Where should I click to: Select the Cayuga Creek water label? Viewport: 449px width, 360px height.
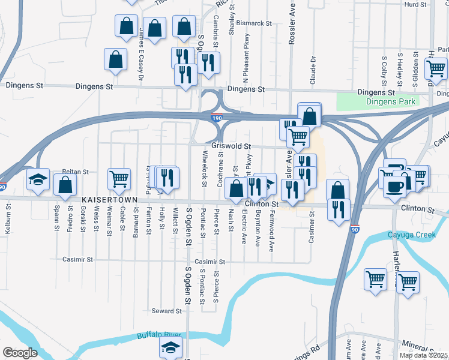[411, 235]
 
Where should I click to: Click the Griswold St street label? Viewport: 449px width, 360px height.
[231, 146]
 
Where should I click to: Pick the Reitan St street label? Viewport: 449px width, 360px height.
[75, 172]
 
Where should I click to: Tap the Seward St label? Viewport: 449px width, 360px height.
[166, 311]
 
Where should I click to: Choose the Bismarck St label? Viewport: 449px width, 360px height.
[254, 23]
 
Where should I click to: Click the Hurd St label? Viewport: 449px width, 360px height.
[415, 4]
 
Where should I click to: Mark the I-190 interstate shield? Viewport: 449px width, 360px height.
[217, 118]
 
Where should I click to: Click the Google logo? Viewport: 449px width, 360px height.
[20, 353]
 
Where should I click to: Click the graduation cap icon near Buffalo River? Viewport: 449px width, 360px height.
[172, 347]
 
